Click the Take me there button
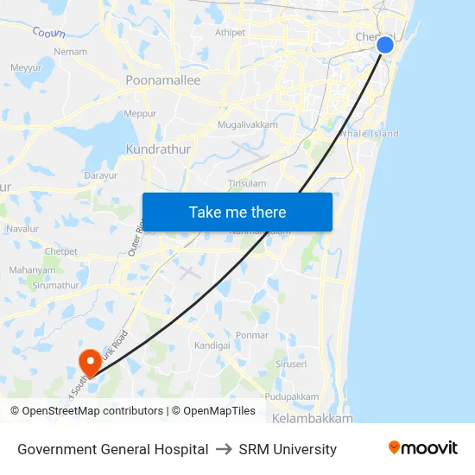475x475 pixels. pos(237,212)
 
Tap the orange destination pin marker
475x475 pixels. pos(89,362)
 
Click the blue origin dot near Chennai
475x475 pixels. pos(385,45)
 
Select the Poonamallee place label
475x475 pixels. pos(162,80)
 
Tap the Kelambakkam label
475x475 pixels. pos(312,418)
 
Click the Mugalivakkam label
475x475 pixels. pos(248,124)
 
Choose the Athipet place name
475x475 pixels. pos(230,33)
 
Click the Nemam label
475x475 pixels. pos(71,52)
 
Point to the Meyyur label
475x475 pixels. pos(26,67)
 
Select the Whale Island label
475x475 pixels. pos(369,134)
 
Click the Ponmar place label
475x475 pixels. pos(252,335)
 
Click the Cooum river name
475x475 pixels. pos(48,33)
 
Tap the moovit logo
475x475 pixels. pos(423,448)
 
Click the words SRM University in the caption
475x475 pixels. pos(288,449)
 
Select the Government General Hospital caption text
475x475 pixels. pos(112,449)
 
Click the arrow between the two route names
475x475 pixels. pos(224,449)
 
